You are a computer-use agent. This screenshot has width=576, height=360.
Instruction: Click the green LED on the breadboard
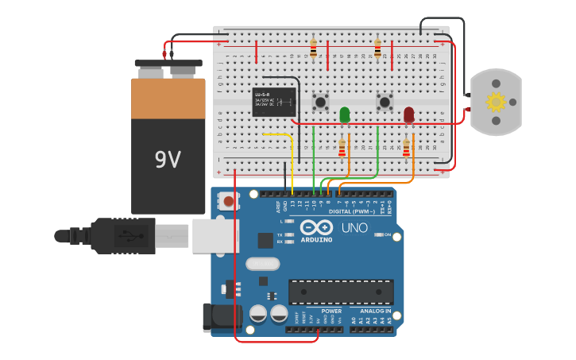[345, 114]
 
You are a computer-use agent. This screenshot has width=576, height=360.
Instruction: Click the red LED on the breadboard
[408, 114]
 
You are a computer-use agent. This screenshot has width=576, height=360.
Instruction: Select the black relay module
[274, 102]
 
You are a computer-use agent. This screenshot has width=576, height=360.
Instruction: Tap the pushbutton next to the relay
[321, 102]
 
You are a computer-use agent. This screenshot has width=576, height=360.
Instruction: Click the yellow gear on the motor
[496, 102]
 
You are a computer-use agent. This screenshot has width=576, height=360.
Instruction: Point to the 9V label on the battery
[168, 160]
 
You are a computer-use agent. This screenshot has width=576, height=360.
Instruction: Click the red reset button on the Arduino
[229, 201]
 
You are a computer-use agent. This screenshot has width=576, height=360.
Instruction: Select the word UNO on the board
[354, 228]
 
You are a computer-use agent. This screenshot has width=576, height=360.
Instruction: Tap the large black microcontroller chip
[340, 292]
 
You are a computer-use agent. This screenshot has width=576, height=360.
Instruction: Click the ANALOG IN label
[372, 311]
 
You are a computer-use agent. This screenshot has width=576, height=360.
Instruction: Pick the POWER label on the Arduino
[321, 311]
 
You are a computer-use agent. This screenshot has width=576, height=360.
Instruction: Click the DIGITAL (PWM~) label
[352, 211]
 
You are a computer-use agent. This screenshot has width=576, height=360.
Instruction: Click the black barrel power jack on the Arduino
[220, 317]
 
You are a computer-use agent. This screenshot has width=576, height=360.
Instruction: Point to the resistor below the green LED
[342, 149]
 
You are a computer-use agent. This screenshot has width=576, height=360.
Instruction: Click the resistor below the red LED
[406, 149]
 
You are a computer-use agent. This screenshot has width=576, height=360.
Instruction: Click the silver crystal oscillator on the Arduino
[263, 263]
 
